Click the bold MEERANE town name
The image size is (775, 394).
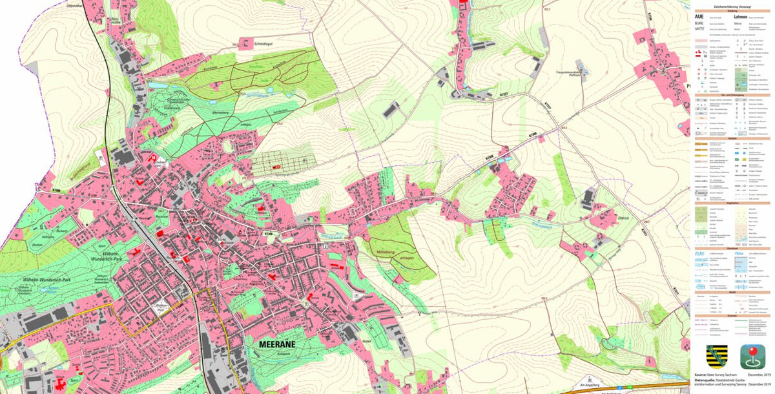click(276, 344)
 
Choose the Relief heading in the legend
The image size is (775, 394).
click(732, 291)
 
